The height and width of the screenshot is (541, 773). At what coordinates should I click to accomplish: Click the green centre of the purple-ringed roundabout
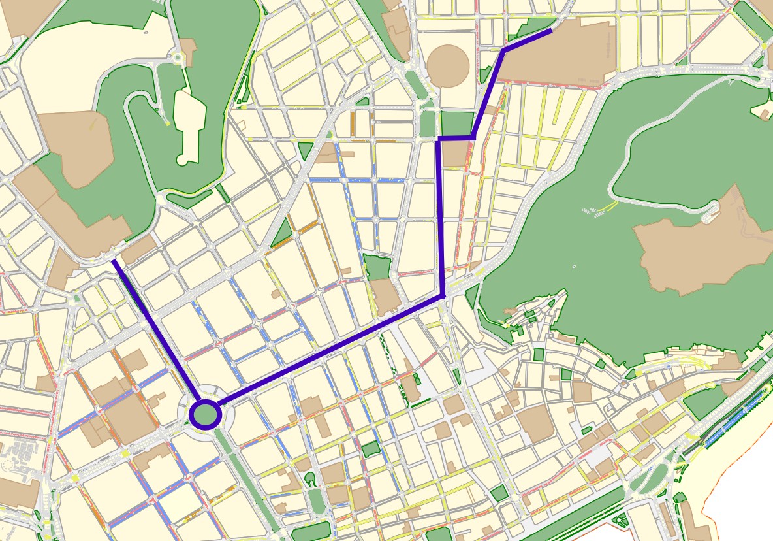point(206,414)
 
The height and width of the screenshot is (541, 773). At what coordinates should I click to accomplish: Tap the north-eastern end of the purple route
point(551,29)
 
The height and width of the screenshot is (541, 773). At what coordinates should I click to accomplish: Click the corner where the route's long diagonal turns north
point(443,297)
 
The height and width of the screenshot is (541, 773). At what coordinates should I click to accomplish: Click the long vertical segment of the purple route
point(441,216)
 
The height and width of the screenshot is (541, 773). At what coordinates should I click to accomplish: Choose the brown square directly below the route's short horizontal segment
point(456,154)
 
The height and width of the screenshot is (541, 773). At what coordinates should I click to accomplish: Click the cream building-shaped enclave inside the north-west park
point(189,124)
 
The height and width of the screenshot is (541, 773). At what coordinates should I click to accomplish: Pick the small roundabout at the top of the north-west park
point(178,58)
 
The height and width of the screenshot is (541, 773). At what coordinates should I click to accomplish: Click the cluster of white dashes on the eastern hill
point(591,211)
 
